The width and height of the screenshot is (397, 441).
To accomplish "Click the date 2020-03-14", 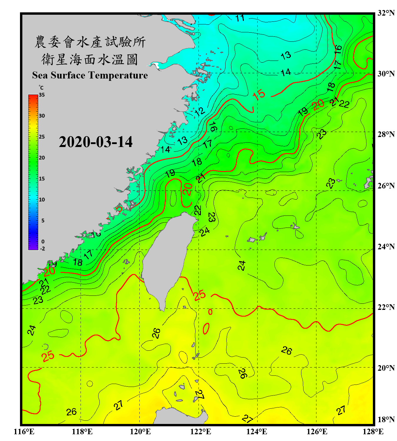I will pos(96,142).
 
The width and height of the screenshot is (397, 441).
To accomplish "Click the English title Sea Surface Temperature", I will pos(90,75).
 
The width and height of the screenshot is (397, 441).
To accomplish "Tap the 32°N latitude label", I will pos(386,13).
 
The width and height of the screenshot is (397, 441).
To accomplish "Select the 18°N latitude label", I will pos(386,420).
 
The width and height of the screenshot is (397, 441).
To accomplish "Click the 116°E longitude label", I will pos(24,432).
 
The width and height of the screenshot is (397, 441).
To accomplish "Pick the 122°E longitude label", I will pos(201,432).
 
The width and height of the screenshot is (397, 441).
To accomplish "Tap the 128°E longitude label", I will pos(373,432).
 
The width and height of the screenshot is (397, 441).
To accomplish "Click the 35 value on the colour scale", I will pos(42,95).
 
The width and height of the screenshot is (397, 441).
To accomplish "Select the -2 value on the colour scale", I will pos(42,249).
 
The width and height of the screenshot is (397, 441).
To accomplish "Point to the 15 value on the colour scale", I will pos(42,179).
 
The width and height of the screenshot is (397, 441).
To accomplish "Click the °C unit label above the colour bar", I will pos(41,88).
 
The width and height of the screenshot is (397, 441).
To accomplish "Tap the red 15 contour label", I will pos(259,95).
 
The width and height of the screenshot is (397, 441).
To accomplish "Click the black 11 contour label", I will pos(240,18).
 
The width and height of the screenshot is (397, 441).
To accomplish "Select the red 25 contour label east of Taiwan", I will pos(200,295).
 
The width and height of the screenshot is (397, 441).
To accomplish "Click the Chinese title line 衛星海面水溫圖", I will pos(90,59).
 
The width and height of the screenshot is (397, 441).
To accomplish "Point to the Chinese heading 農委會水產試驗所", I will pos(90,42).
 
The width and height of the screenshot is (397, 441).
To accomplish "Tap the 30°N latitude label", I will pos(386,73).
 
